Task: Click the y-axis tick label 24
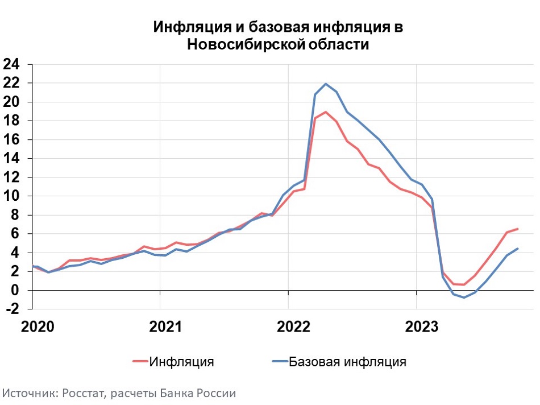[x=11, y=64]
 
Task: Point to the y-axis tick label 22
[x=11, y=83]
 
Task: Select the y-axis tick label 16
[x=11, y=139]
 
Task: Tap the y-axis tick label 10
[x=11, y=196]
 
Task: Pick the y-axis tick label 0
[x=15, y=290]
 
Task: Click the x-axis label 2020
[x=38, y=327]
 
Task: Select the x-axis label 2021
[x=165, y=327]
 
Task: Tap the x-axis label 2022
[x=293, y=327]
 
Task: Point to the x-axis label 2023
[x=422, y=327]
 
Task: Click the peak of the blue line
[x=326, y=84]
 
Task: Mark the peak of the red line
[x=326, y=111]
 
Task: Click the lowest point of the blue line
[x=464, y=297]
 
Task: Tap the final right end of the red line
[x=518, y=229]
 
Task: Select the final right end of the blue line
[x=518, y=249]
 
